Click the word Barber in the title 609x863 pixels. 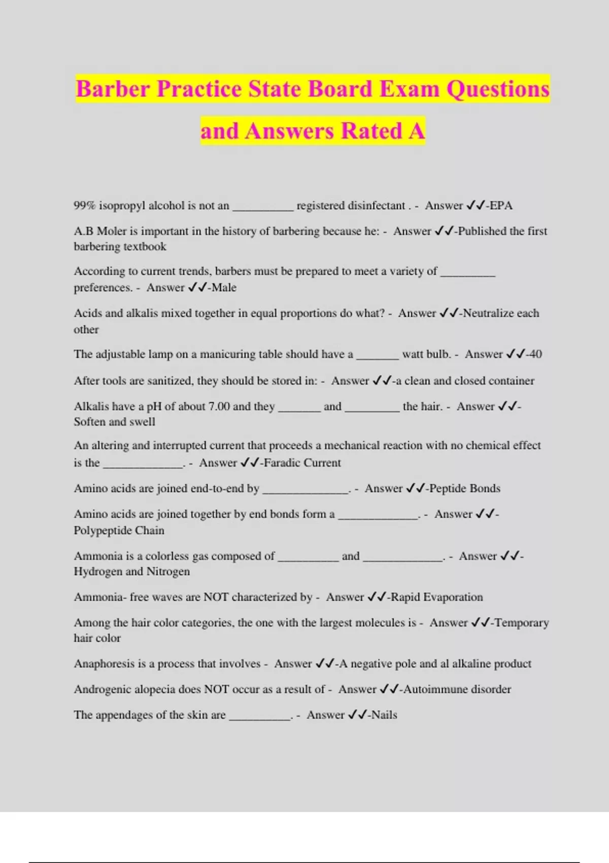click(x=113, y=89)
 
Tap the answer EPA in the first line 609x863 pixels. click(x=501, y=206)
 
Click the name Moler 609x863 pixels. click(x=111, y=231)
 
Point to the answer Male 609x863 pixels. click(x=224, y=287)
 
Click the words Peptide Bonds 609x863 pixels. click(x=464, y=488)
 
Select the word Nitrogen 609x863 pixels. click(x=168, y=572)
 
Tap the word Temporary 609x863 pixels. click(x=522, y=622)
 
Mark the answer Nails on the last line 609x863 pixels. click(x=384, y=715)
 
